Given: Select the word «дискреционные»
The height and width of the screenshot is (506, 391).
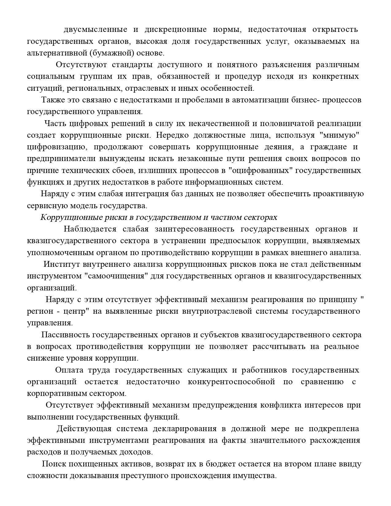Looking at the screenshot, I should [x=175, y=29].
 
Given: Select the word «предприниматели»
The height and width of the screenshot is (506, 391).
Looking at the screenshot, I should [x=61, y=159].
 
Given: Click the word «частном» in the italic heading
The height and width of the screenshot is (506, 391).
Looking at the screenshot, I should [x=225, y=217].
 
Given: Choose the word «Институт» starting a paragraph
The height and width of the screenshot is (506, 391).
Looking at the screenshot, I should [x=61, y=264].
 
